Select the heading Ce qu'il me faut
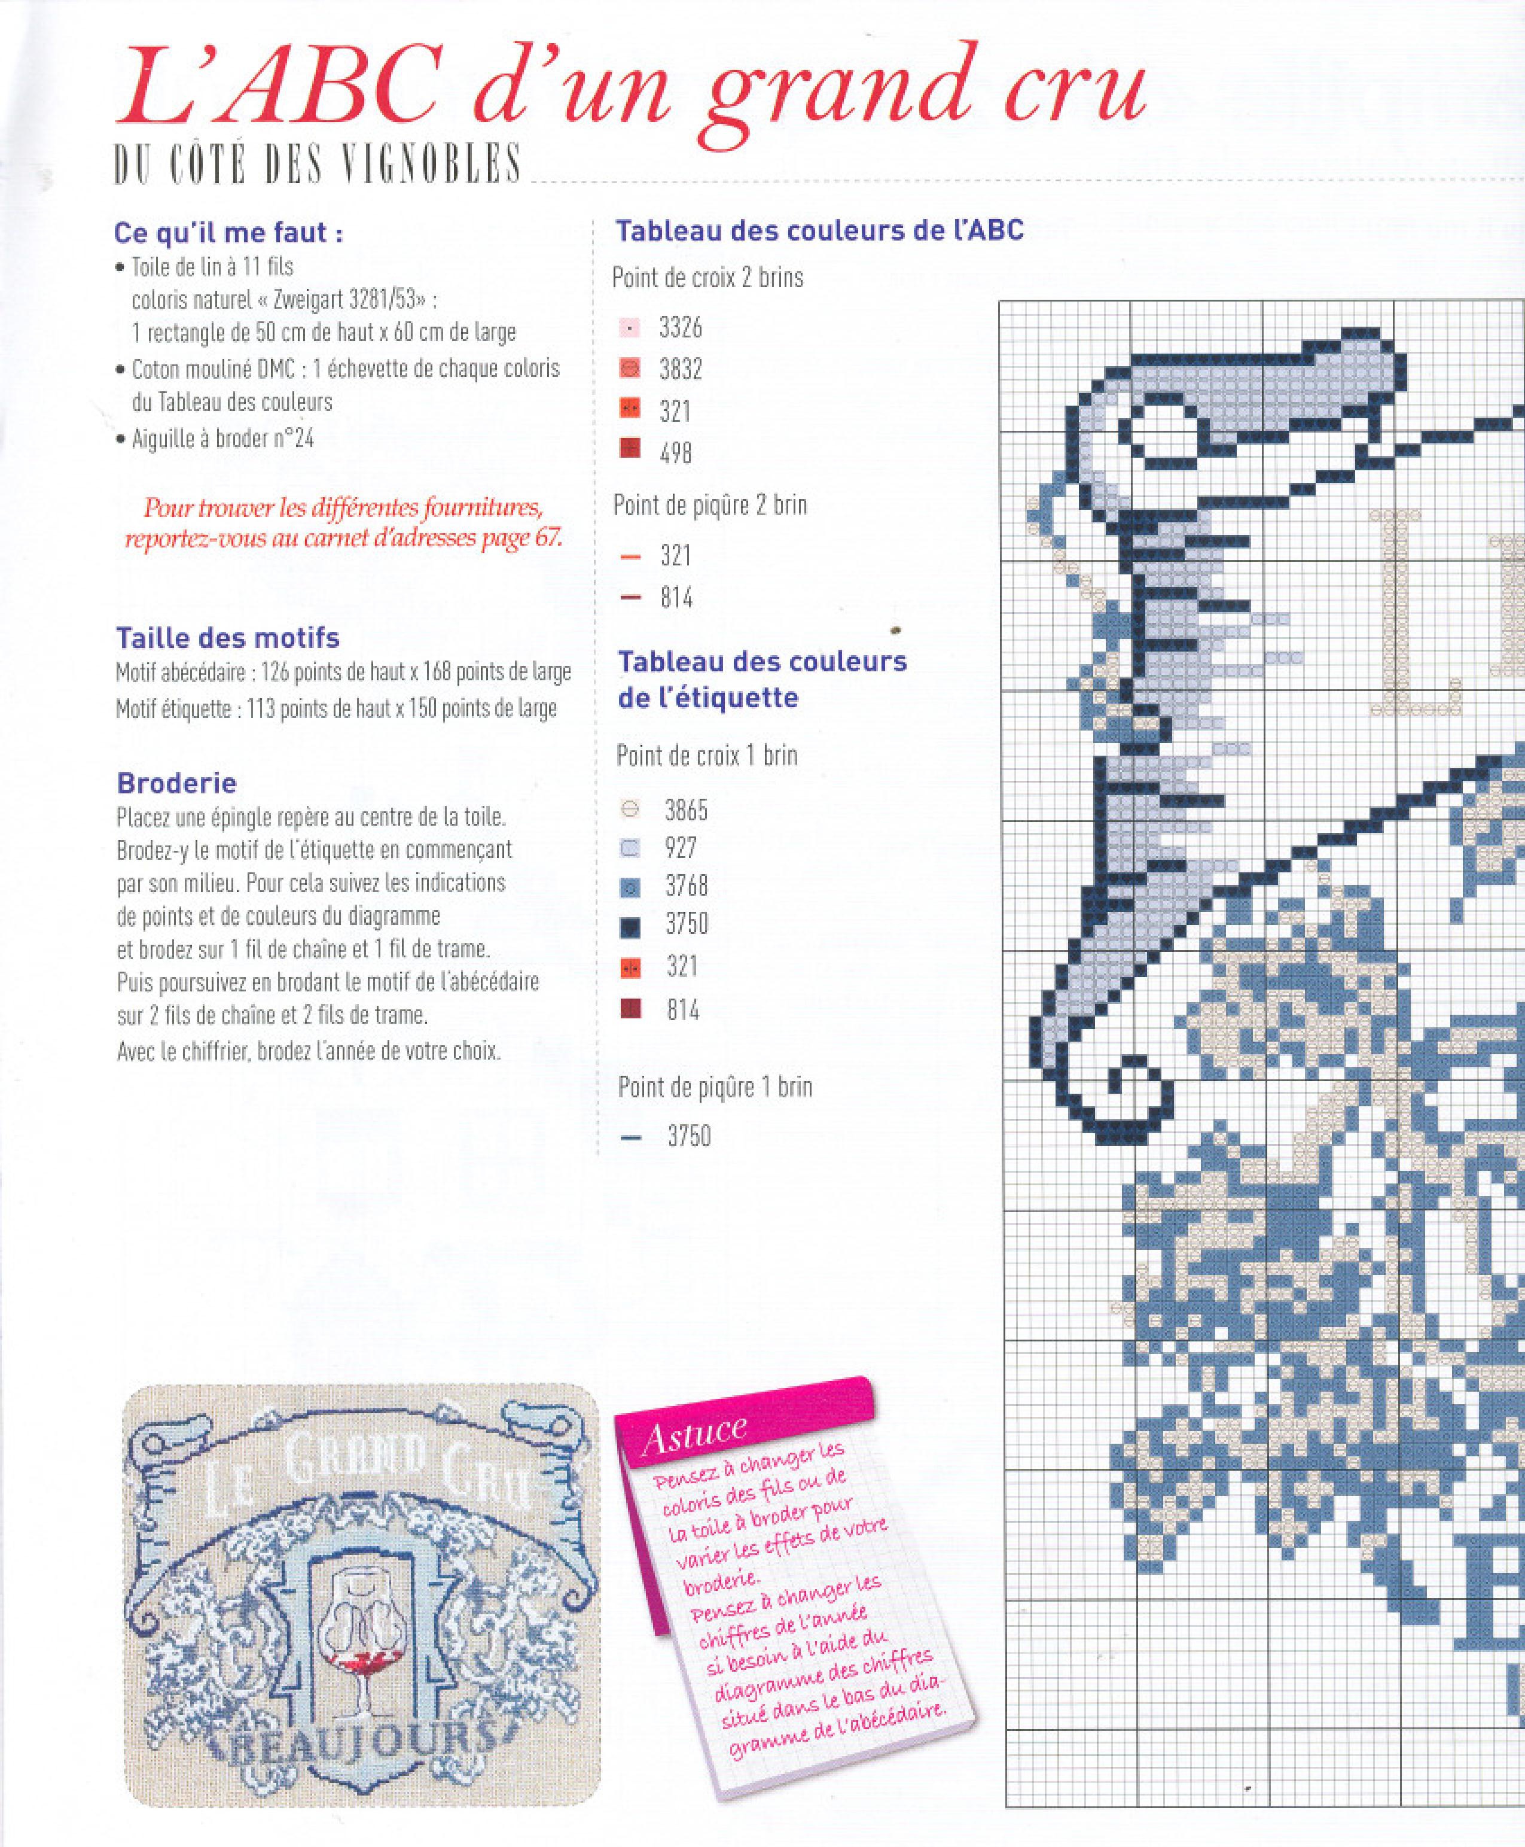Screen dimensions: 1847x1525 (x=228, y=233)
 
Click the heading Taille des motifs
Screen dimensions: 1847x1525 (x=227, y=637)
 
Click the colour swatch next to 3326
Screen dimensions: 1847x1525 (x=630, y=328)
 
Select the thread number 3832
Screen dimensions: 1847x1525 (x=681, y=369)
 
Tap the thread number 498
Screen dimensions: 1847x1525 (x=676, y=454)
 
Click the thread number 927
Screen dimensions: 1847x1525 (x=681, y=848)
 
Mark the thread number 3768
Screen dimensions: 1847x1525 (x=686, y=886)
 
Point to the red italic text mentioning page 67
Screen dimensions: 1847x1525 (x=343, y=523)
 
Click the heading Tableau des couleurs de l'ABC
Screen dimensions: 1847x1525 (x=819, y=230)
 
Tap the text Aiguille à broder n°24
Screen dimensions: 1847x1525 (x=222, y=439)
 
